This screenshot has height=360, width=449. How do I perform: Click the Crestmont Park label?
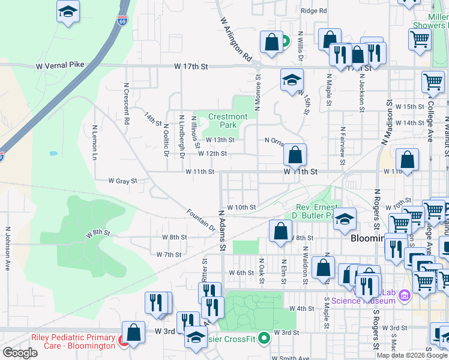click(228, 121)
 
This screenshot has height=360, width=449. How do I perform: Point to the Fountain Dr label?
click(200, 220)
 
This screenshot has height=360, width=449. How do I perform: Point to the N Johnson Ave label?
click(8, 248)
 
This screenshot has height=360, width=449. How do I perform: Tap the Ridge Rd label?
click(314, 11)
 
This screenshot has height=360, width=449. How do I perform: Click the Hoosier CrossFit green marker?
click(262, 337)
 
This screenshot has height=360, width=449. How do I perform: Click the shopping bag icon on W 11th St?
click(295, 155)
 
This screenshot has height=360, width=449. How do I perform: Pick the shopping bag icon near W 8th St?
click(280, 232)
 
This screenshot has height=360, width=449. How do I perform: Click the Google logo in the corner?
click(20, 353)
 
